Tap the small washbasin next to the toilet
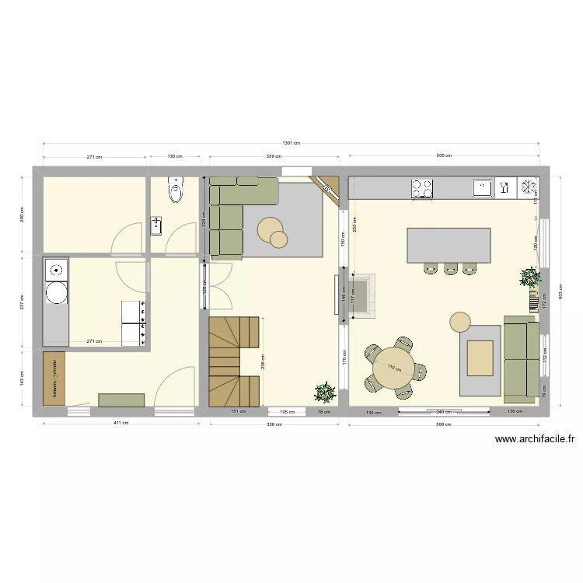[x=155, y=226]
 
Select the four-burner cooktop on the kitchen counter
[x=422, y=189]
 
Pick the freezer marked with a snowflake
[x=529, y=187]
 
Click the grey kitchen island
[x=449, y=245]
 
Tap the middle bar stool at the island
[x=451, y=269]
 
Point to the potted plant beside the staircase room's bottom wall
[x=325, y=392]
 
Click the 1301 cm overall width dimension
[x=291, y=144]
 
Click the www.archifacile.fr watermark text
[x=535, y=440]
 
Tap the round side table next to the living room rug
[x=460, y=322]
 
